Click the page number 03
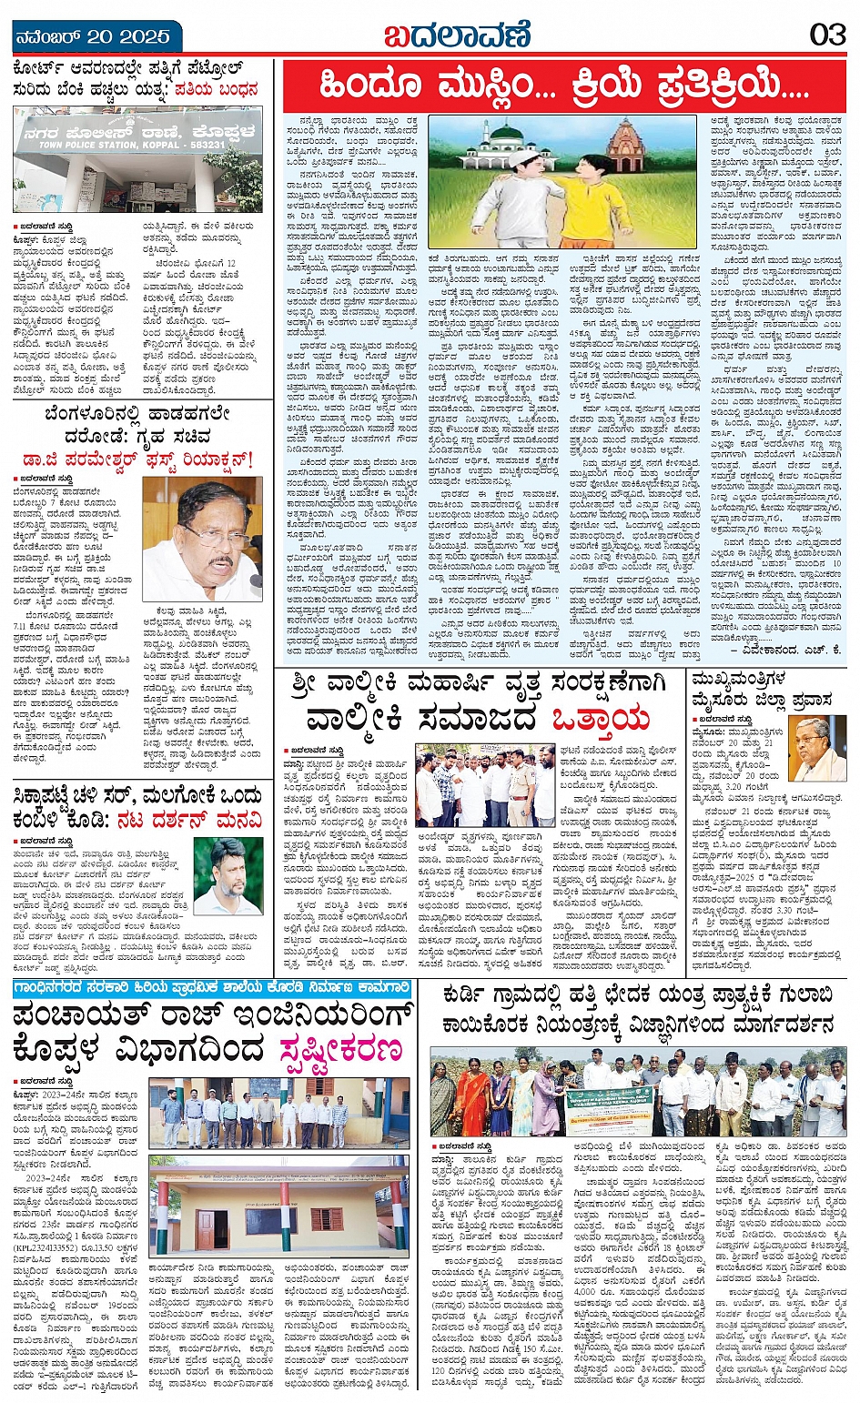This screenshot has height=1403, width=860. click(x=827, y=35)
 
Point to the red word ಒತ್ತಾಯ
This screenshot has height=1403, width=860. click(x=602, y=719)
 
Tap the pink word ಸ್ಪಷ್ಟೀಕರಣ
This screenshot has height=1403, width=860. click(x=342, y=1049)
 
